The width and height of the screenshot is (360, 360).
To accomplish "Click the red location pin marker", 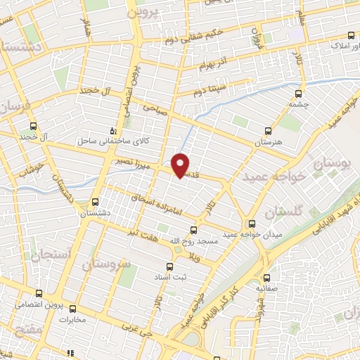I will pyautogui.click(x=181, y=165).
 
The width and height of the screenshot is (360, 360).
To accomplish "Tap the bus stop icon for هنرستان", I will pyautogui.click(x=267, y=130).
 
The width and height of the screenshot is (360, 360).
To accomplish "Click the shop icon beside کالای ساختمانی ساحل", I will pyautogui.click(x=114, y=131).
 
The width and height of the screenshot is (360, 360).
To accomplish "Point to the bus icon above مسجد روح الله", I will pyautogui.click(x=194, y=229).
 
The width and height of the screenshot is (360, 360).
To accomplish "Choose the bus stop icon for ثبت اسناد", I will pyautogui.click(x=168, y=266).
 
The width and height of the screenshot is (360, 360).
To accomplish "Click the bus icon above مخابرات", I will pyautogui.click(x=72, y=308).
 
